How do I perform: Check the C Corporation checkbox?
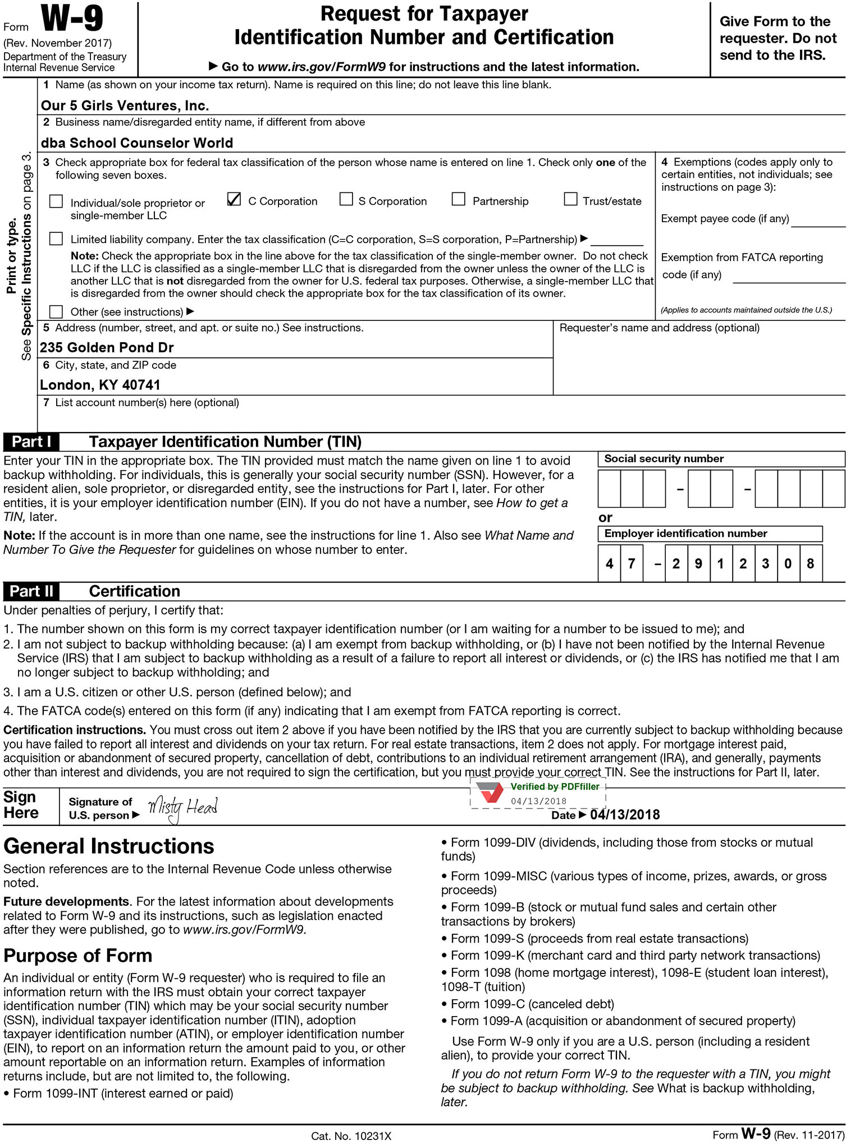tap(234, 200)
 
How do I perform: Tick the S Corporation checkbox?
tap(346, 200)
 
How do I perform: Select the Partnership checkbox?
tap(459, 200)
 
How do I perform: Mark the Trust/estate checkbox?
tap(570, 200)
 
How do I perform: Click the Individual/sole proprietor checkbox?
tap(56, 201)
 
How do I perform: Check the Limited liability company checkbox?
tap(56, 239)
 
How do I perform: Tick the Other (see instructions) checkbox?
tap(56, 311)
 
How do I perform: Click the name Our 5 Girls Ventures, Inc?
tap(125, 105)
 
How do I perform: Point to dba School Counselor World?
tap(136, 143)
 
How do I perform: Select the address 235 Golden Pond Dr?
tap(107, 348)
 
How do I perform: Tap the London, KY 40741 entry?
tap(100, 385)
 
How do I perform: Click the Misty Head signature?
tap(182, 808)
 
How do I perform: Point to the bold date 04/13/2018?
tap(625, 815)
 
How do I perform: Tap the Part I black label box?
tap(31, 442)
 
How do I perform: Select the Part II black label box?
tap(32, 591)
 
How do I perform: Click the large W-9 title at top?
tap(72, 19)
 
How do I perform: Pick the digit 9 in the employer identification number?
tap(698, 563)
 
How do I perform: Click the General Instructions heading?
tap(109, 846)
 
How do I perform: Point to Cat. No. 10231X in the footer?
tap(351, 1136)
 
